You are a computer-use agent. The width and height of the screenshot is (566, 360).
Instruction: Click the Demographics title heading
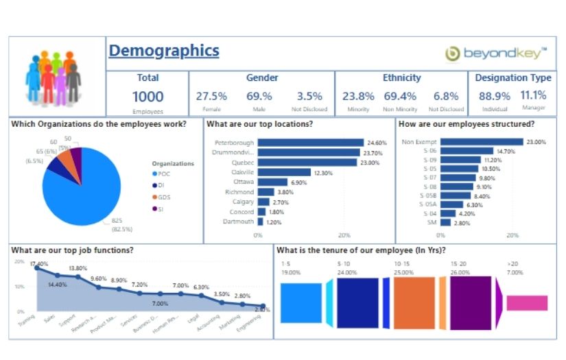point(164,51)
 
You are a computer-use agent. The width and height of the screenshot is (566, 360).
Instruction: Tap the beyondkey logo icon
point(453,53)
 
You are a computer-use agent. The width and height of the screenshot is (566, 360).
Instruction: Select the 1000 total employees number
point(148,97)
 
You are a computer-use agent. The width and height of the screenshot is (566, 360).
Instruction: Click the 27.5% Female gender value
point(211,97)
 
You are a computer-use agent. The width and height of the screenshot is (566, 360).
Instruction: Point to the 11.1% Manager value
point(533,95)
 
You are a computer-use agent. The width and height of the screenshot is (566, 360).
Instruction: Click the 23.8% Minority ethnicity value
point(358,97)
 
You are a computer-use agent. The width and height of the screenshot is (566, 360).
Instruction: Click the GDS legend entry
point(163,197)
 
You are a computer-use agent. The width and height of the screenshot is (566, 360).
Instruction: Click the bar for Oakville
point(285,173)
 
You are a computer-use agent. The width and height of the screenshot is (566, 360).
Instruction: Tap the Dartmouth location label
point(237,222)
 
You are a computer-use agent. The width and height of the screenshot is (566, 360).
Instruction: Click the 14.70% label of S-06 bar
point(506,151)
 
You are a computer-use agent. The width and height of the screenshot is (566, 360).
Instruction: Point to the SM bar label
point(431,222)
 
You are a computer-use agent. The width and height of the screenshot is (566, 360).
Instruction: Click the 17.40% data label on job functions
point(40,263)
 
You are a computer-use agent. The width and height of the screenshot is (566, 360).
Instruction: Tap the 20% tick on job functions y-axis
point(19,263)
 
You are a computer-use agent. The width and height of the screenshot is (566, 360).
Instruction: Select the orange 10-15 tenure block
point(414,303)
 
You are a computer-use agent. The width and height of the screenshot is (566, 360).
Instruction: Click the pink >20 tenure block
point(527,303)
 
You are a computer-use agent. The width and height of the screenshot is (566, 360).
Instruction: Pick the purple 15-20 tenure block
point(471,303)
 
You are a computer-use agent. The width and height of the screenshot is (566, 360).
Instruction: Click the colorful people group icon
point(54,77)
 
